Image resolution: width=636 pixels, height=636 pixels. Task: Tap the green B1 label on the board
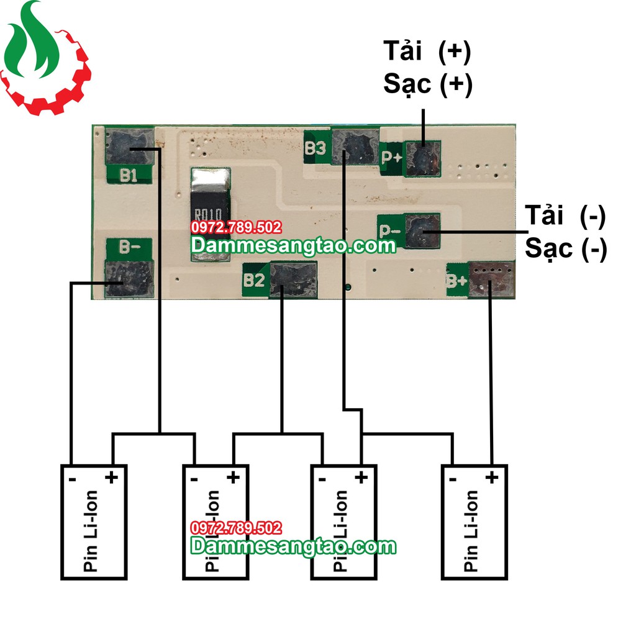point(129,175)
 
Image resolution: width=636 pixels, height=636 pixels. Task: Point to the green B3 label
point(316,148)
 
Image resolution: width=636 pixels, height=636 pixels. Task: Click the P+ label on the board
point(391,157)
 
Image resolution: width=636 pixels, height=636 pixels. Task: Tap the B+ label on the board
point(457,281)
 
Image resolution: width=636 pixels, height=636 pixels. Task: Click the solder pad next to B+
point(491,279)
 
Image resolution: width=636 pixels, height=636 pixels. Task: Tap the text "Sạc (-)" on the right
point(566,248)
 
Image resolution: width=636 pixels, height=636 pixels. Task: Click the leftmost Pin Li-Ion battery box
point(93,522)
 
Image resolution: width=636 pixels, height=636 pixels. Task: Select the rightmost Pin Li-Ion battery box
point(475,522)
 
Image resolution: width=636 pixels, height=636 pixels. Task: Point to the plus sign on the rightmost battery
point(491,478)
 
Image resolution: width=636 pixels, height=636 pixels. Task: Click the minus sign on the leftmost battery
point(73,479)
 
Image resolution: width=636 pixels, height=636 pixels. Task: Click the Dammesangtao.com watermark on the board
point(293,246)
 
